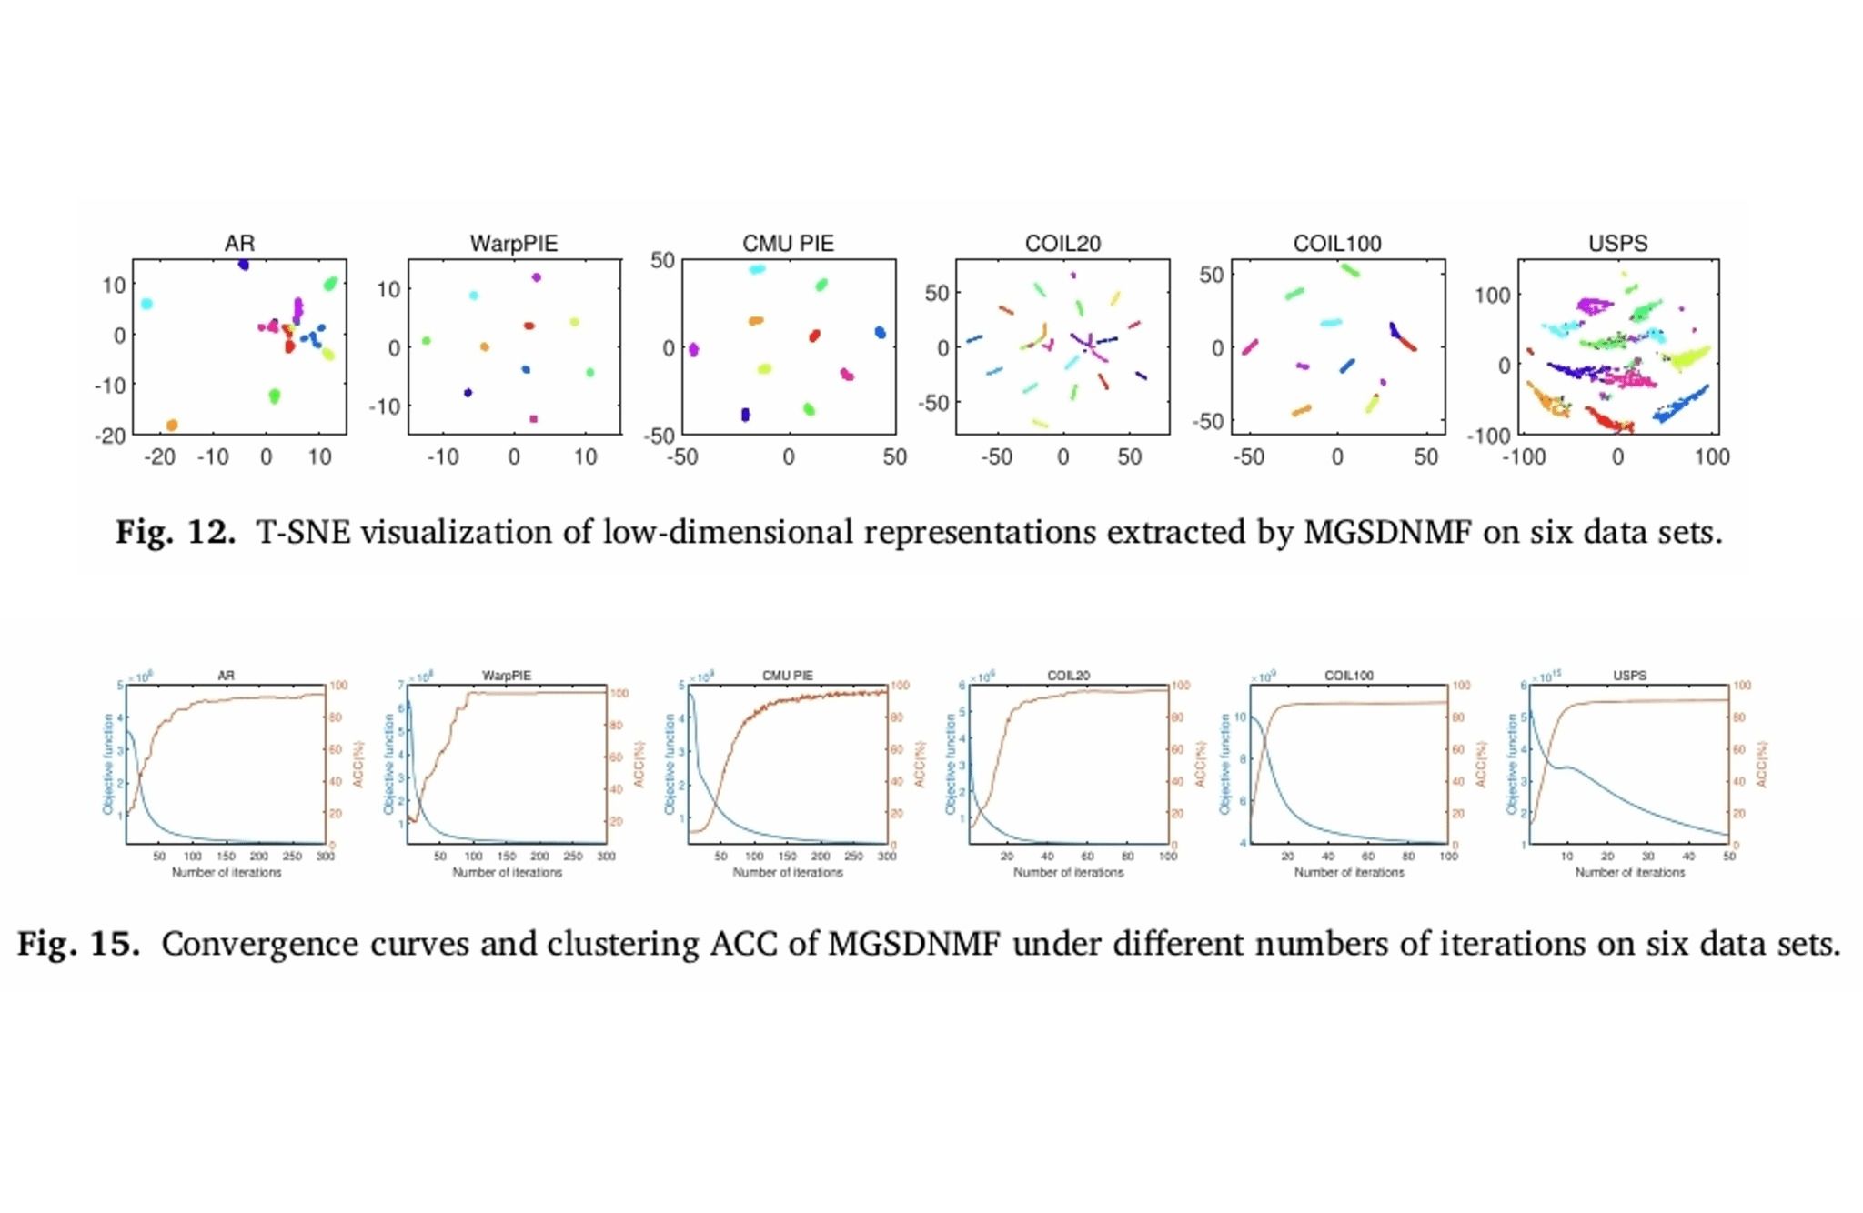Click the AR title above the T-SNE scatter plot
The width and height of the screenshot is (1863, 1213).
click(x=239, y=244)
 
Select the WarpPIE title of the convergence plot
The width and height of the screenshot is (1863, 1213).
click(x=507, y=676)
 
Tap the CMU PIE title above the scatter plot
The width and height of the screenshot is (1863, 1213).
click(x=788, y=244)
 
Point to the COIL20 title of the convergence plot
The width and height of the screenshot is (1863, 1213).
click(x=1068, y=676)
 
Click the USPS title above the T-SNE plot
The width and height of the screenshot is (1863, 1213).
click(x=1617, y=244)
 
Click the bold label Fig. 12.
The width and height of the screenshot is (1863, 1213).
click(x=175, y=532)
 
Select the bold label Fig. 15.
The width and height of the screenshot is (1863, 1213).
click(x=78, y=944)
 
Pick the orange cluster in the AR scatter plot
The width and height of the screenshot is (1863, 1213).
click(x=172, y=425)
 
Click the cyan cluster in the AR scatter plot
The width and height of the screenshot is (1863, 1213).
click(x=146, y=304)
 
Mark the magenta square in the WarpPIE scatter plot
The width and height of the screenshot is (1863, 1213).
click(x=533, y=419)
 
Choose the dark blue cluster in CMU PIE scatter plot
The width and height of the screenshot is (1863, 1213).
click(x=746, y=415)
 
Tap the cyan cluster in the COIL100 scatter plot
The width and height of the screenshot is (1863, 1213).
click(x=1331, y=322)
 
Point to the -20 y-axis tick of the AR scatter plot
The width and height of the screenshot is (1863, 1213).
click(x=110, y=436)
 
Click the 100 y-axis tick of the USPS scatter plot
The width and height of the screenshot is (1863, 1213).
click(x=1492, y=296)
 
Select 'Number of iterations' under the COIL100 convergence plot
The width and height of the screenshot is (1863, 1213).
click(x=1349, y=873)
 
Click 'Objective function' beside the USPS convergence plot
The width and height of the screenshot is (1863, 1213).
click(x=1512, y=764)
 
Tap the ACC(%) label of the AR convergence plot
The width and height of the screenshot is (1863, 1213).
click(x=358, y=764)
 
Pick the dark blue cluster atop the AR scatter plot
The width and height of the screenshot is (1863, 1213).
click(x=244, y=265)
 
